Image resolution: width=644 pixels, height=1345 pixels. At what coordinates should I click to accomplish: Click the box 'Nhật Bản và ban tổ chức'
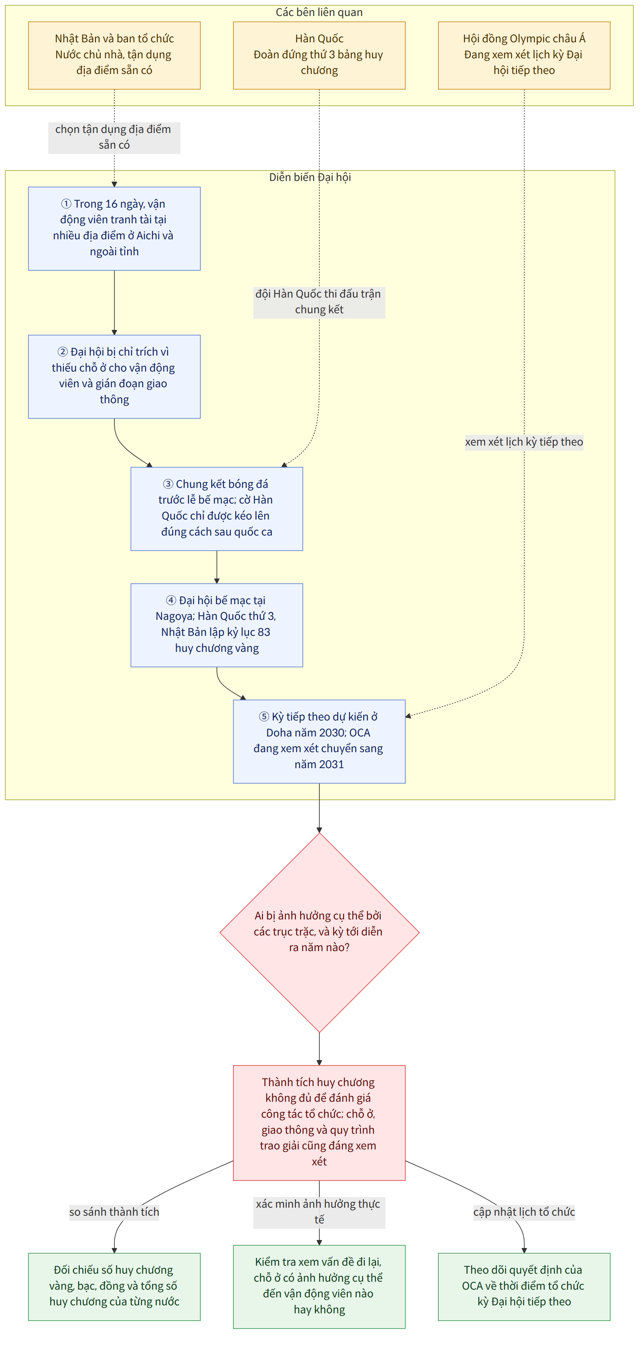114,55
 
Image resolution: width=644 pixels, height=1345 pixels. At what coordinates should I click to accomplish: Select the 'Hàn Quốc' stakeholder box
319,55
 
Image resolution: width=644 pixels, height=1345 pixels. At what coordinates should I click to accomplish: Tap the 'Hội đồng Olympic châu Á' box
524,55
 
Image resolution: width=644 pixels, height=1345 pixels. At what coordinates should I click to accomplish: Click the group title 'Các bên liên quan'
319,12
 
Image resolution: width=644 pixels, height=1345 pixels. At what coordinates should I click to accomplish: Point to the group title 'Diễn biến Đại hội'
310,177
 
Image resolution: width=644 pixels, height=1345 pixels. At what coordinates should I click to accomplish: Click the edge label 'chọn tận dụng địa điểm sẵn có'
114,137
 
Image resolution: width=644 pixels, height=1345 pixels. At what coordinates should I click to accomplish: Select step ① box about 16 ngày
114,228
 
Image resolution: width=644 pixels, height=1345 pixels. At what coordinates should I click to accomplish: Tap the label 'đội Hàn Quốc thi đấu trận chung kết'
319,302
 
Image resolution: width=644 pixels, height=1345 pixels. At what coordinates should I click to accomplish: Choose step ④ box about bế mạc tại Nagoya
216,625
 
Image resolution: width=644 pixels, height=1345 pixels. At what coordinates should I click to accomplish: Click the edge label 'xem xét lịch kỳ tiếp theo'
524,442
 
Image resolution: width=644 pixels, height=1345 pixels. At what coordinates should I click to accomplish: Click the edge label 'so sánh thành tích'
114,1212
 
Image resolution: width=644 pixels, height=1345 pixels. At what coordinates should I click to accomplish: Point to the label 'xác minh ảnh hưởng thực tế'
319,1212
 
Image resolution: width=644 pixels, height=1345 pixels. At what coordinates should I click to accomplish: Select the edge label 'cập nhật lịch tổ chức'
524,1212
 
